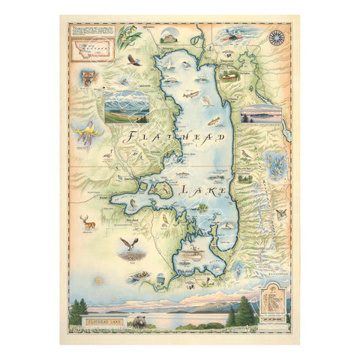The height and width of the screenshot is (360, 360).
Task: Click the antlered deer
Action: click(88, 222)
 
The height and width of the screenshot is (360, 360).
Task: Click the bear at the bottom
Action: click(140, 323)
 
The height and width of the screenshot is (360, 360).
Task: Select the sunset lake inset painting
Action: click(261, 114)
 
